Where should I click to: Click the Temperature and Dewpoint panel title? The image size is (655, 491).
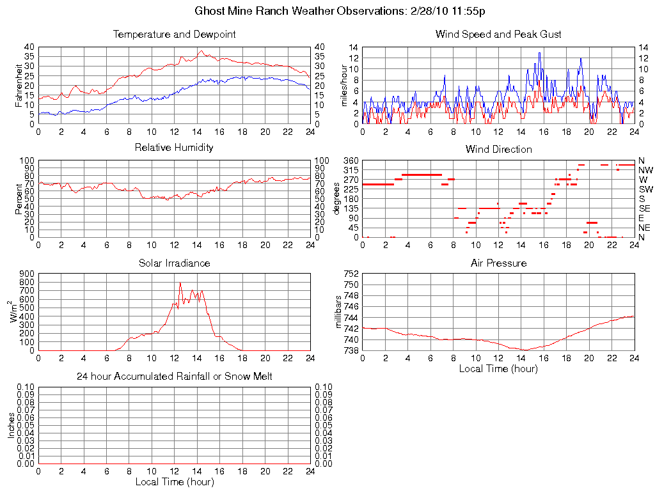click(x=174, y=34)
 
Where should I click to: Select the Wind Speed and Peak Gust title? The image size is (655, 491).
click(x=498, y=34)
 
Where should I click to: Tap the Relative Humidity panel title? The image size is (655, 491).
click(x=174, y=148)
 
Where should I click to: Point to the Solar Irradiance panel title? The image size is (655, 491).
click(x=174, y=263)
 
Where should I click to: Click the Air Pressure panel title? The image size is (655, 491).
click(x=498, y=263)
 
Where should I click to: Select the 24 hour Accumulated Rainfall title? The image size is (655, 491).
click(x=174, y=377)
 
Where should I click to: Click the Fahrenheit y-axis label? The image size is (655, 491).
click(x=19, y=85)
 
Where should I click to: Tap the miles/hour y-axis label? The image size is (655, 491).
click(x=343, y=85)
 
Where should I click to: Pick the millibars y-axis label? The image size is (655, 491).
click(x=340, y=312)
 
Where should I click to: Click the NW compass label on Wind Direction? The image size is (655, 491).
click(x=645, y=170)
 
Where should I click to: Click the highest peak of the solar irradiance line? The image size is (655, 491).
click(x=180, y=283)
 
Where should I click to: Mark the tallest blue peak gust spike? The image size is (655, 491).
click(x=539, y=53)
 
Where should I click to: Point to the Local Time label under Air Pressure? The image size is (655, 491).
click(x=498, y=368)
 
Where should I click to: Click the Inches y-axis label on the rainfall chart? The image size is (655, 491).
click(x=12, y=426)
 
